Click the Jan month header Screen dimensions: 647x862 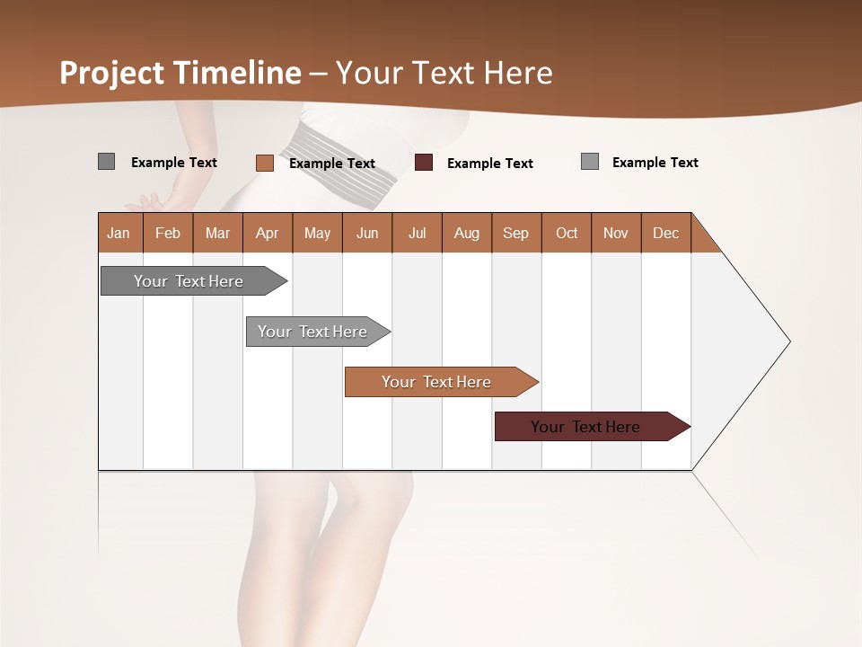[119, 233]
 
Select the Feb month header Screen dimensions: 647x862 [168, 233]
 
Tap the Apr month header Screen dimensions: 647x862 [267, 233]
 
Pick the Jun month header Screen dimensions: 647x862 [367, 233]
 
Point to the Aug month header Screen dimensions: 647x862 [466, 233]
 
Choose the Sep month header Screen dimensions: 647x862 [515, 233]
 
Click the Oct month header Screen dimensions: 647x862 [567, 233]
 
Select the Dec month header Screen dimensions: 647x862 [665, 233]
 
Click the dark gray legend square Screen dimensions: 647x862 [106, 162]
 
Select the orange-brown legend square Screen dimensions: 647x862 [264, 163]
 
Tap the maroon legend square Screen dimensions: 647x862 [424, 163]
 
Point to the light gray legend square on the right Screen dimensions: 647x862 [589, 162]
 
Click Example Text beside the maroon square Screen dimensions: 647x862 [489, 164]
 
